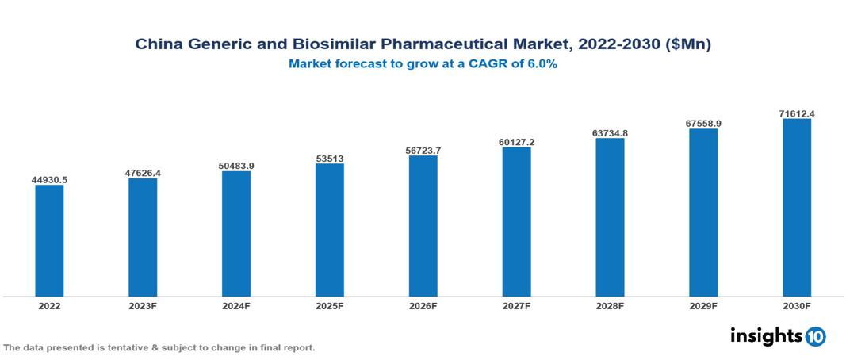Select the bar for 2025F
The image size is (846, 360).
329,230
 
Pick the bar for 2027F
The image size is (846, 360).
516,222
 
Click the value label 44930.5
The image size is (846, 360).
49,180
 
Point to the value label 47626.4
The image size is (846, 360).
143,173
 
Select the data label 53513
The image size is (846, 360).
329,158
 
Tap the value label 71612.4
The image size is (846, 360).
796,113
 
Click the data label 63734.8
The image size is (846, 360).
610,132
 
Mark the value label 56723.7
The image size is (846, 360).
423,150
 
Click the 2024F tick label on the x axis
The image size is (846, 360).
235,305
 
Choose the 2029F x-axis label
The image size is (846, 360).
702,305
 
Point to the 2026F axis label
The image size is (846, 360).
423,305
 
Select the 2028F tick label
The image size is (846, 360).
610,305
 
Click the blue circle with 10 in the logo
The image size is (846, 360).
815,336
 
